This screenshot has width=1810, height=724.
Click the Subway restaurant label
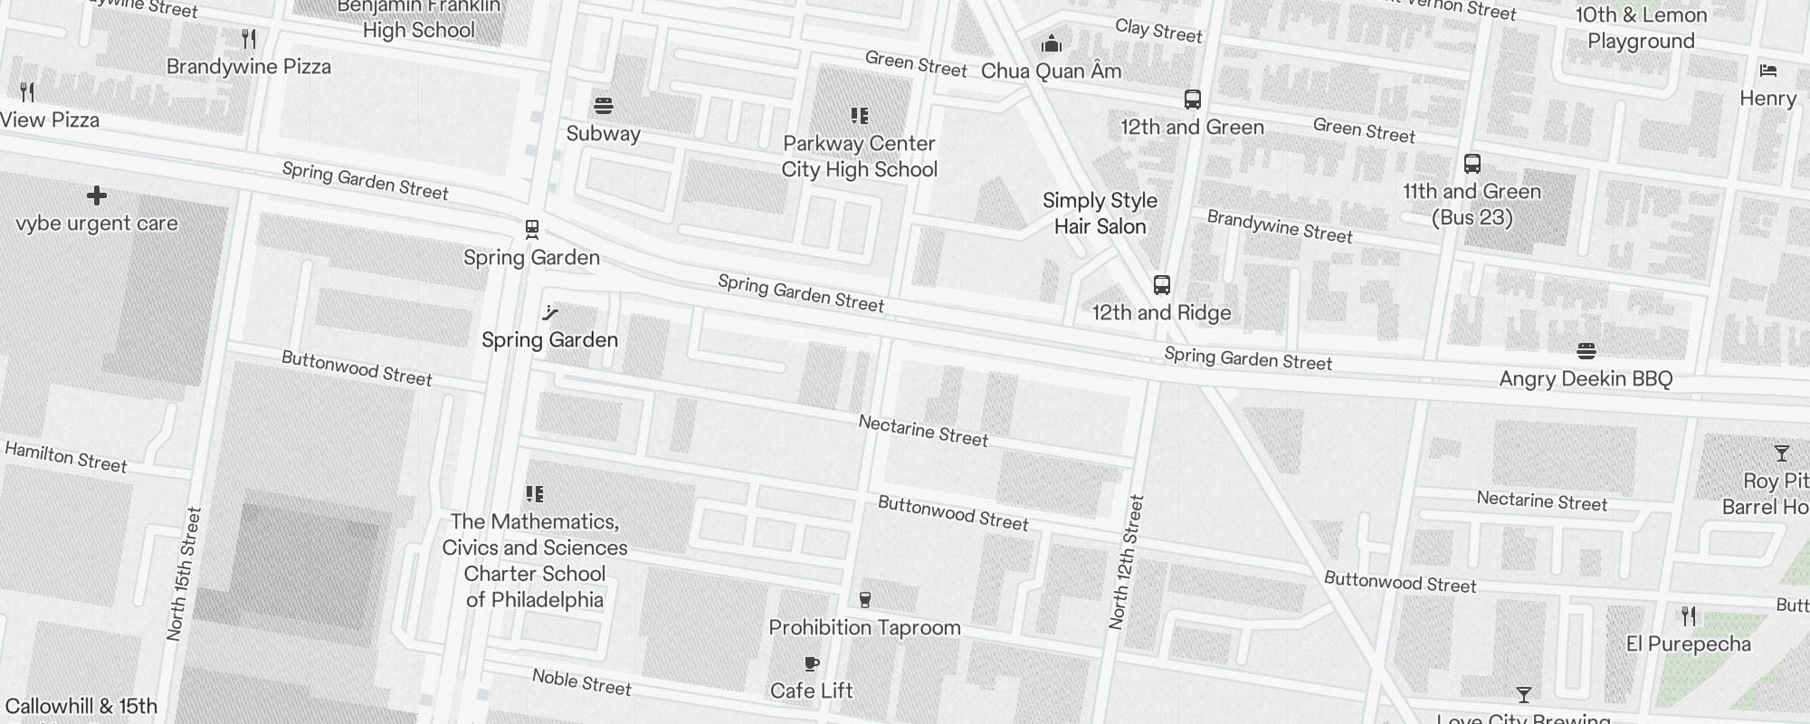click(x=603, y=134)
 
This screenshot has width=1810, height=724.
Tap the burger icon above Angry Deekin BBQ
click(x=1586, y=351)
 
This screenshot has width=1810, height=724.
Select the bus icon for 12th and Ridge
click(x=1162, y=286)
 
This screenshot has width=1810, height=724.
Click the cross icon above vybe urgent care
click(x=97, y=195)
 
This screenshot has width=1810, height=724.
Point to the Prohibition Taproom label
click(x=864, y=628)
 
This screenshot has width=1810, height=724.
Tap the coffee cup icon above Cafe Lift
click(x=812, y=664)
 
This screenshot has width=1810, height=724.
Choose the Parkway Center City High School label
click(x=859, y=157)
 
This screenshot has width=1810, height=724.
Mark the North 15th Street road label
click(x=182, y=574)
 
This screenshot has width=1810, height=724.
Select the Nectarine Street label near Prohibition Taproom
click(x=923, y=431)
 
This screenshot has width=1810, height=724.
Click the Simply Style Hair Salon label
click(x=1100, y=214)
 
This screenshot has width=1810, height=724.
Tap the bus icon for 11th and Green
click(x=1472, y=165)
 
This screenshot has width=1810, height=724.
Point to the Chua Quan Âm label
click(x=1051, y=71)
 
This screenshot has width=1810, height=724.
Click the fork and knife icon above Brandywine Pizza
click(x=249, y=39)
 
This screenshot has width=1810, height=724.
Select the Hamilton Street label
click(x=66, y=457)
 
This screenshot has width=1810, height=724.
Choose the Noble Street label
click(x=582, y=681)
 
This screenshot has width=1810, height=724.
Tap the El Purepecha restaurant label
click(x=1688, y=644)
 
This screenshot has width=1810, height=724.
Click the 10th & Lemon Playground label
click(x=1641, y=28)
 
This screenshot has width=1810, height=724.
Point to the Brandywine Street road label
click(x=1280, y=226)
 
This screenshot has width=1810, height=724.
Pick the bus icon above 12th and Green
click(x=1193, y=100)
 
